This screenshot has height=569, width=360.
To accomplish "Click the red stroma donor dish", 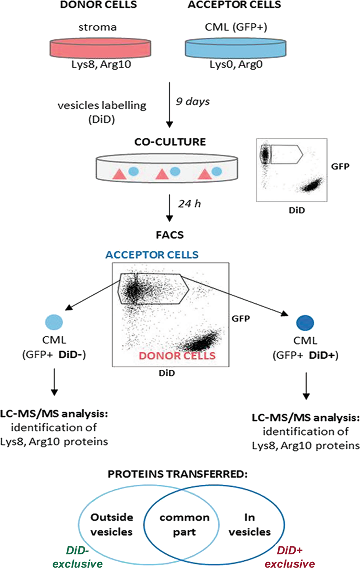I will click(x=100, y=48).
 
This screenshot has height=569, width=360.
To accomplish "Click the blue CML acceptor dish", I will click(x=235, y=48).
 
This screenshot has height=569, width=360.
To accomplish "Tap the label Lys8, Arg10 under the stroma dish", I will click(x=101, y=64).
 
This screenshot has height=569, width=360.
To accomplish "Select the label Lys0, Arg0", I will click(x=236, y=64).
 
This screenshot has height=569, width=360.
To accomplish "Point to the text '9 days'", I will click(x=192, y=101).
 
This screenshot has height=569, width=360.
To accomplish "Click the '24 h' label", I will click(x=189, y=204).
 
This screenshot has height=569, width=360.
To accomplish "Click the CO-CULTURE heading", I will click(x=170, y=142).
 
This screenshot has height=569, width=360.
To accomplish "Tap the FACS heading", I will click(x=170, y=235).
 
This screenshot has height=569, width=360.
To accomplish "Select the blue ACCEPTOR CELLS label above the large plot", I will click(x=152, y=255).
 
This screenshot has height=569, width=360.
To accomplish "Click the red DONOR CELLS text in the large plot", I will click(x=177, y=356).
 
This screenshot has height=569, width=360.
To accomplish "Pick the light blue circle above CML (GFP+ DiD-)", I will click(x=54, y=322).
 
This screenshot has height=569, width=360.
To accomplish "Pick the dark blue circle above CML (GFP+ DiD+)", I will click(x=305, y=323).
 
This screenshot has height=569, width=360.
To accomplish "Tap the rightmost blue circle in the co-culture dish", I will click(x=216, y=171).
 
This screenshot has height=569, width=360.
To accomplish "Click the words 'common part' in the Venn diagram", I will click(x=184, y=524).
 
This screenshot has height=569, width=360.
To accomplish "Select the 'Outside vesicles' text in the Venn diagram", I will click(x=112, y=524).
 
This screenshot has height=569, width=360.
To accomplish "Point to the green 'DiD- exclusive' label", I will click(x=78, y=557).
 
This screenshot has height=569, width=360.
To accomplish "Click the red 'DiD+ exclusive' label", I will click(x=290, y=557).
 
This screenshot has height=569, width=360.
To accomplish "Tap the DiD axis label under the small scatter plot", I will click(x=296, y=210).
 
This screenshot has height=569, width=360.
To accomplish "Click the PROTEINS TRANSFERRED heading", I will click(x=178, y=474).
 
